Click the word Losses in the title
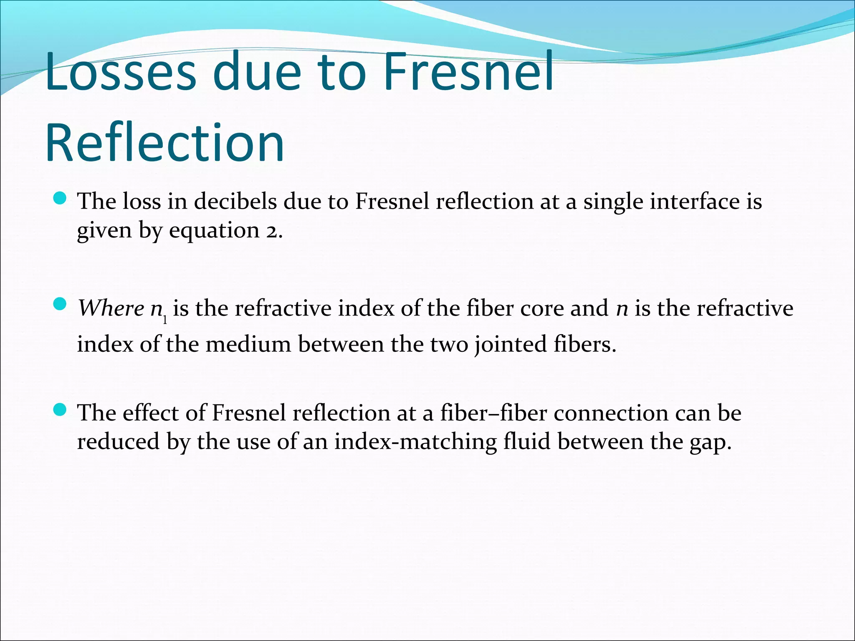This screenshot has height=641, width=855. (121, 71)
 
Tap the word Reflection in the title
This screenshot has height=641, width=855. (165, 142)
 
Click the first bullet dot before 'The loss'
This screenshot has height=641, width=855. (61, 199)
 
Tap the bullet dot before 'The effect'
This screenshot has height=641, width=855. (61, 410)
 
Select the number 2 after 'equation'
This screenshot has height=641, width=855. (271, 231)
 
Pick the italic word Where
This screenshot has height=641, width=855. (111, 309)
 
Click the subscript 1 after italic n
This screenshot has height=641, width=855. (165, 319)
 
